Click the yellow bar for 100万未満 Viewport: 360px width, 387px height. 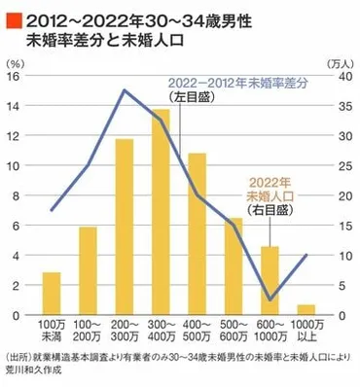(52, 294)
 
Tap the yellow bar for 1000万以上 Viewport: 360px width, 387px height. (306, 310)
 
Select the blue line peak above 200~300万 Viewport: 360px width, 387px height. (126, 90)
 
